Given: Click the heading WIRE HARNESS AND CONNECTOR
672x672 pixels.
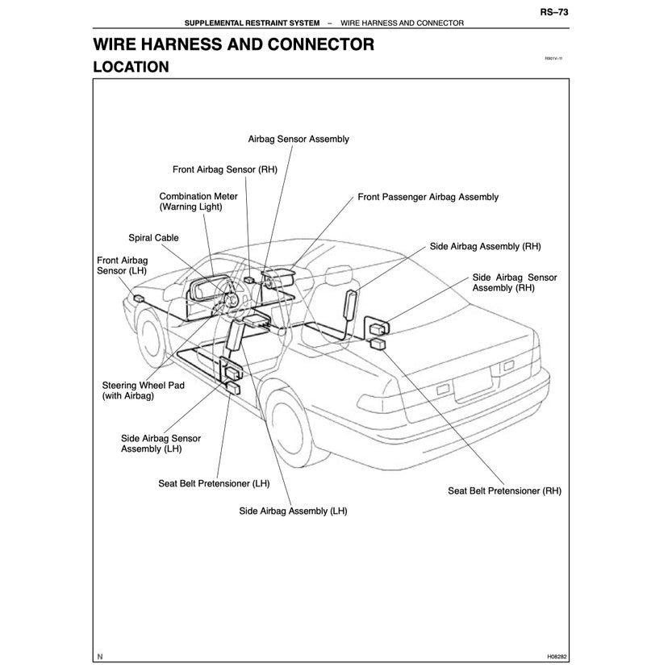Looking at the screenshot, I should (233, 44).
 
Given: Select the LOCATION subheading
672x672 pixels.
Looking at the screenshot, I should (131, 67).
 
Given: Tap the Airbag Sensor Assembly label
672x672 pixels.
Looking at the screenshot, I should (298, 139).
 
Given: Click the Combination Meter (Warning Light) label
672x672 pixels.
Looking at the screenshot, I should (198, 202).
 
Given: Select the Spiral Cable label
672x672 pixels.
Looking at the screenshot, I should (153, 238).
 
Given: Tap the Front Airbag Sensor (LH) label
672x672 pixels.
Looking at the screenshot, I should (122, 266).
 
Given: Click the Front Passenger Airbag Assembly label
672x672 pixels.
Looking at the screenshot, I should (428, 197).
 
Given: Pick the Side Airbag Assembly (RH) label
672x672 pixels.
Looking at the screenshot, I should (485, 245).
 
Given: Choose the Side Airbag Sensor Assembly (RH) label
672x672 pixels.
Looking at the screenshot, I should (514, 282).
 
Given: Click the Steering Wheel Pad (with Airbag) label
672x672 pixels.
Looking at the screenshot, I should (143, 390).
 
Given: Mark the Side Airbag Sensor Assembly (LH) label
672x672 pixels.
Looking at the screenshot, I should (161, 443).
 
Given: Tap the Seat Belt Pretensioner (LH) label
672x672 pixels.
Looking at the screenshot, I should (214, 484).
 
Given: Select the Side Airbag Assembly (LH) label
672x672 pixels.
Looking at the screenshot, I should (293, 511).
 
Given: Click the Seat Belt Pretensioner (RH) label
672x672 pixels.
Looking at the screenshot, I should (504, 490).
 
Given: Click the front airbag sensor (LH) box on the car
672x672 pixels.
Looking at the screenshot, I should (140, 298).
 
